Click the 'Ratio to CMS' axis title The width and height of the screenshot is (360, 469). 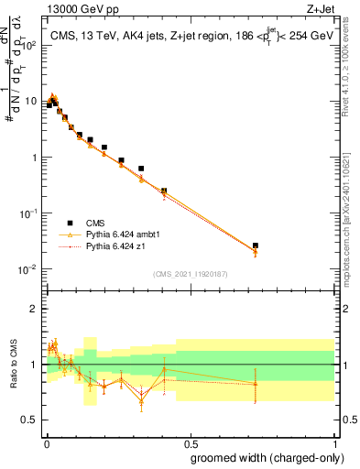[x=13, y=365]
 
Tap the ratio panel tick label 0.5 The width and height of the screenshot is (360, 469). [x=31, y=420]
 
